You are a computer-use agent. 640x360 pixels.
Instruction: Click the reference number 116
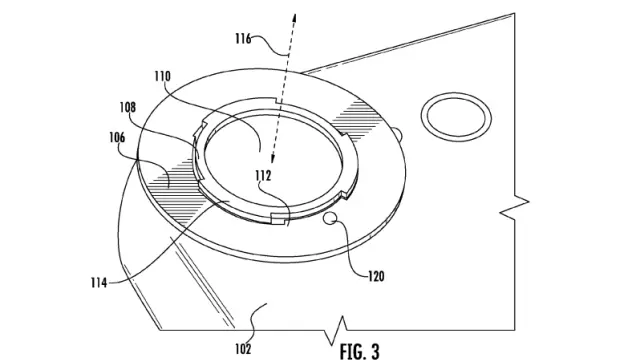[x=243, y=39]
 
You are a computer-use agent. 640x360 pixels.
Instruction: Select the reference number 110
[x=162, y=76]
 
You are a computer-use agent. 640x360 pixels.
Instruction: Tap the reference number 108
[x=127, y=107]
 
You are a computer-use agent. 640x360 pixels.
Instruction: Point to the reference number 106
[x=117, y=138]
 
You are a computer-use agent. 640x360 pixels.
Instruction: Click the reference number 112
[x=263, y=176]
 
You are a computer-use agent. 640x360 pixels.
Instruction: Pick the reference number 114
[x=99, y=282]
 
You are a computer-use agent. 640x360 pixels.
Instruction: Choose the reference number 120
[x=376, y=277]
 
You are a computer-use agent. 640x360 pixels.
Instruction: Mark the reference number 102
[x=243, y=349]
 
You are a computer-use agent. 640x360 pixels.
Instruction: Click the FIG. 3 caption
[x=360, y=351]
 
